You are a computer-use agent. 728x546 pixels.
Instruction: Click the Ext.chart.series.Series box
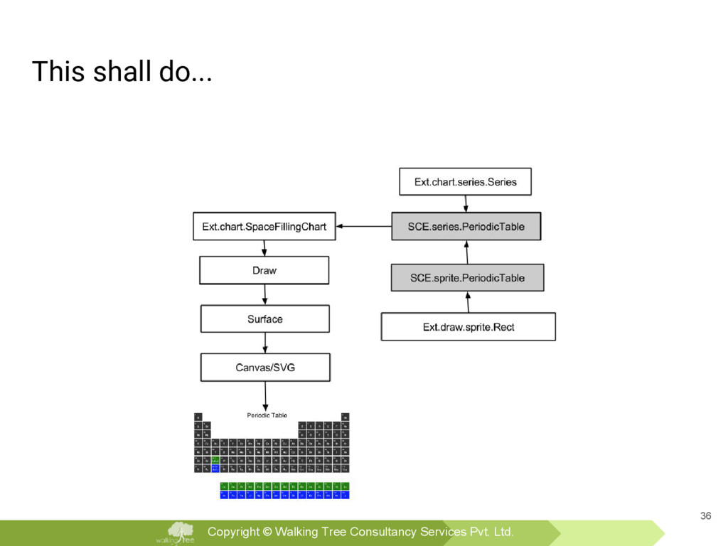(465, 181)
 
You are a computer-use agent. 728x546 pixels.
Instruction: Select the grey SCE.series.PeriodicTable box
(466, 227)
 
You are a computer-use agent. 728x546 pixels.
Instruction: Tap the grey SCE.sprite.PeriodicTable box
(467, 278)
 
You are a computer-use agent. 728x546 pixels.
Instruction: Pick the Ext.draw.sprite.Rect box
(468, 327)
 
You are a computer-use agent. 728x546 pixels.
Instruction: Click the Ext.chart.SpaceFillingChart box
(264, 227)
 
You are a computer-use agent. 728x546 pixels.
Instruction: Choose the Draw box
(264, 270)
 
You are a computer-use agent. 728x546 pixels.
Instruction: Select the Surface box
(264, 319)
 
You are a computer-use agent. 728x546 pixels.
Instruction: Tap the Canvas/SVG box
(265, 368)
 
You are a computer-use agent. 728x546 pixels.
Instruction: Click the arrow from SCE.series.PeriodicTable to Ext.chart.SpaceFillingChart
(363, 227)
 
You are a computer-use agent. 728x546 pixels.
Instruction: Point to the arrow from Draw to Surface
(264, 294)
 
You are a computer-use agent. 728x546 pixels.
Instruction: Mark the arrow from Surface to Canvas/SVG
(265, 343)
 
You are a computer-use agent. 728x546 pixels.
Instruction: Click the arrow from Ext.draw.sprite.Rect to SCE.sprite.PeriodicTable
(468, 302)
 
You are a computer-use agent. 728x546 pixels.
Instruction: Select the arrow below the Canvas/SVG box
(265, 395)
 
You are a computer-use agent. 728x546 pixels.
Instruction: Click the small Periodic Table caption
(267, 415)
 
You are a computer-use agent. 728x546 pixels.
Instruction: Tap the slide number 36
(705, 515)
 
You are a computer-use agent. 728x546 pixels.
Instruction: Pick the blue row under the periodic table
(284, 494)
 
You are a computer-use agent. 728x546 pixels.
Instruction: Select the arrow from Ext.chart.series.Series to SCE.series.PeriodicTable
(465, 203)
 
